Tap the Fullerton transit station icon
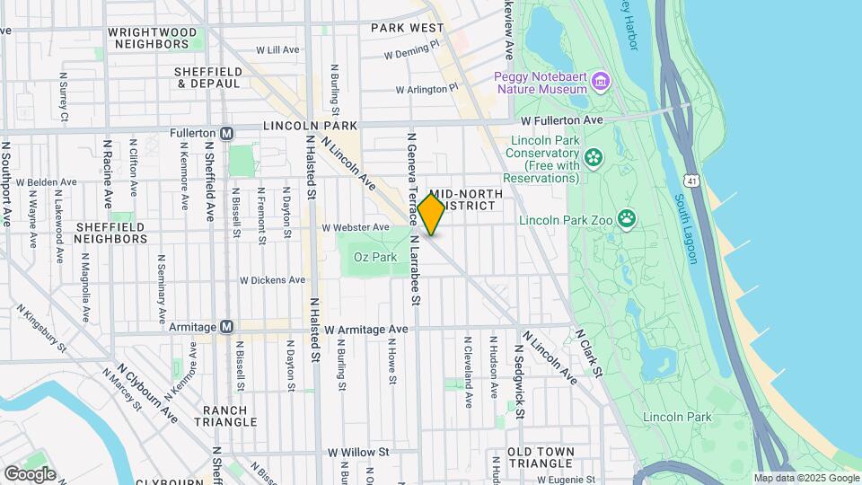(x=227, y=133)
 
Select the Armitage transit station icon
(x=227, y=327)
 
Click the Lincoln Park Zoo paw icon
(x=626, y=218)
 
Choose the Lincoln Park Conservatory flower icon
(x=593, y=159)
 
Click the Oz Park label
(x=374, y=257)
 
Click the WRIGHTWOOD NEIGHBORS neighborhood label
(x=152, y=38)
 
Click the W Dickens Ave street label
(x=272, y=280)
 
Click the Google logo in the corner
(x=30, y=473)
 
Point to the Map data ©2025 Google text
(x=805, y=478)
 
